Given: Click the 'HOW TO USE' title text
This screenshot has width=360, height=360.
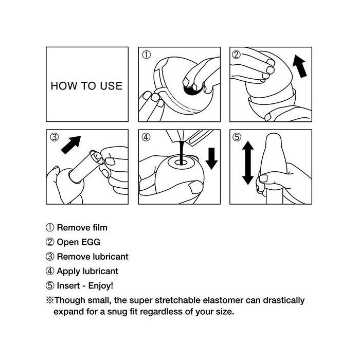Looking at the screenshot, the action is (x=86, y=86).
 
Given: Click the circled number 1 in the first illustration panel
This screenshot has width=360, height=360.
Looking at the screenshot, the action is (x=146, y=55).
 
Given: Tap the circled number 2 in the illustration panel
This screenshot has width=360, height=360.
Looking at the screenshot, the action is (x=236, y=55).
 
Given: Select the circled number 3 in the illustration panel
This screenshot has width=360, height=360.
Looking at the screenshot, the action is (x=55, y=137).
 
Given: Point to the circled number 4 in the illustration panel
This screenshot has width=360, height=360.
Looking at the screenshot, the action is (x=146, y=137).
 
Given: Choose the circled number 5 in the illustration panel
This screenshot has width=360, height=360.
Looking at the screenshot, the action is (x=237, y=137).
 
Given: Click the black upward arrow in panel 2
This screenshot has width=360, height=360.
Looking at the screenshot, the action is (x=300, y=66).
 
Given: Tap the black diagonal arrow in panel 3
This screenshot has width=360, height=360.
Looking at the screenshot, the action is (x=71, y=145).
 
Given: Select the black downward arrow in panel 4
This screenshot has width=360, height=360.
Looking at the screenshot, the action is (x=211, y=158).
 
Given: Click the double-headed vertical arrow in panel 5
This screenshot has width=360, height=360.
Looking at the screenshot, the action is (x=248, y=163).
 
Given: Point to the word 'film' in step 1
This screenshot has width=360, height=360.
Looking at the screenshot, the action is (x=100, y=227).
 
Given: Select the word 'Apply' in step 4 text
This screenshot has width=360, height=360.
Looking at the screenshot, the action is (x=68, y=272).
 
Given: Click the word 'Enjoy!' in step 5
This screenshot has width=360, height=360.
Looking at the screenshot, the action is (x=101, y=285).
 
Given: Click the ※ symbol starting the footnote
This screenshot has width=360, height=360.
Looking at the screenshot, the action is (x=50, y=300).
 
